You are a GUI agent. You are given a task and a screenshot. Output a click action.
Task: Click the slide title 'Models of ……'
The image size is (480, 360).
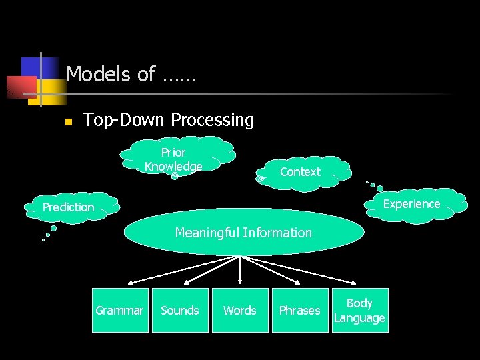[x=131, y=74]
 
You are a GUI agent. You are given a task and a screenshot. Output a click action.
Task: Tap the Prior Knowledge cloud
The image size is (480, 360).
[x=175, y=157]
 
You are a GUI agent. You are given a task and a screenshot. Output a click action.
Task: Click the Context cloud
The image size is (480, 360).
[x=301, y=172]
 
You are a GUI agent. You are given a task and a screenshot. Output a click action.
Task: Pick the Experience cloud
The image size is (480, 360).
[x=411, y=204]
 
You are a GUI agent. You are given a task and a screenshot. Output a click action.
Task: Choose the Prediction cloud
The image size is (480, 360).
[x=69, y=207]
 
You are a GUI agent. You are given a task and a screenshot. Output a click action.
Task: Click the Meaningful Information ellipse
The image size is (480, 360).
[x=243, y=233]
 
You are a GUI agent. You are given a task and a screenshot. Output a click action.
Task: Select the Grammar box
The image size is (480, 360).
[x=119, y=310]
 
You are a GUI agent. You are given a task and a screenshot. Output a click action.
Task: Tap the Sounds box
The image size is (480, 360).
[x=180, y=310]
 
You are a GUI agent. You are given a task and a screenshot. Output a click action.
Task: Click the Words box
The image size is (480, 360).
[x=240, y=310]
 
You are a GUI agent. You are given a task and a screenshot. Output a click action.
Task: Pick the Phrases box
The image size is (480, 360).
[x=299, y=310]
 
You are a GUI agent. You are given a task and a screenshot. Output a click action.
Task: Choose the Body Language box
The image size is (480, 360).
[x=359, y=310]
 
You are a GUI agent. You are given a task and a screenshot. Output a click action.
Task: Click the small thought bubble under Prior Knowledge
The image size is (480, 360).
[x=175, y=176]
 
